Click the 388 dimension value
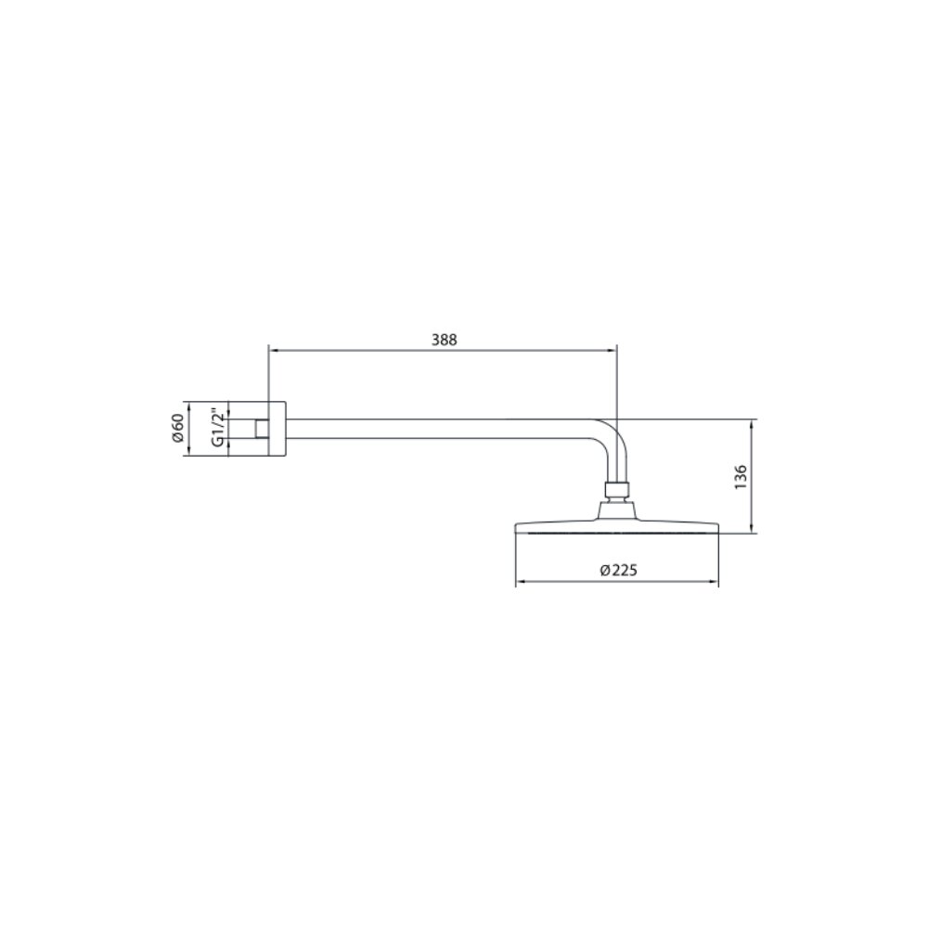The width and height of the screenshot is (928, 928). click(444, 340)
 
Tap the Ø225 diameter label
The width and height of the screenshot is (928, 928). click(618, 570)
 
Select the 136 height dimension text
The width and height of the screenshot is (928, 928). click(741, 477)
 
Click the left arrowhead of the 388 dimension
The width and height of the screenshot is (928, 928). click(273, 351)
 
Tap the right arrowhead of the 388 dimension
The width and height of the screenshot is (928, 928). click(612, 351)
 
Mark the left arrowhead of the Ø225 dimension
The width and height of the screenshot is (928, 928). click(521, 583)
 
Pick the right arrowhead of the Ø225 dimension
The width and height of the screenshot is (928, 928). click(714, 583)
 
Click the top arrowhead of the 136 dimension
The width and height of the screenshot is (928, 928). click(752, 424)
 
